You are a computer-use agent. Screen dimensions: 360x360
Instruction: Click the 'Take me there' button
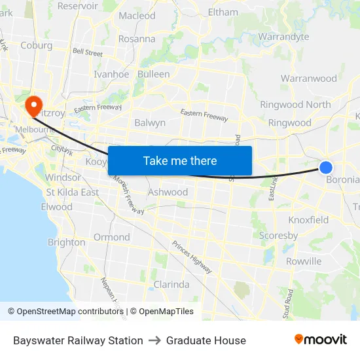pyautogui.click(x=180, y=160)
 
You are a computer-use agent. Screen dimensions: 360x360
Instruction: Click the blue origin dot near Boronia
pyautogui.click(x=326, y=168)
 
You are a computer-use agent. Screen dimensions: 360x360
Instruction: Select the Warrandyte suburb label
pyautogui.click(x=283, y=37)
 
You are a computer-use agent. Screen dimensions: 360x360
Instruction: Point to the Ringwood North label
pyautogui.click(x=295, y=105)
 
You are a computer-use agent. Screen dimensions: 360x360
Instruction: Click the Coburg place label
pyautogui.click(x=36, y=45)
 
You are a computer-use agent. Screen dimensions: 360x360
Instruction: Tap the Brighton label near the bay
pyautogui.click(x=66, y=242)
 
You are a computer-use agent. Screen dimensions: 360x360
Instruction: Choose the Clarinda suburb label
pyautogui.click(x=171, y=285)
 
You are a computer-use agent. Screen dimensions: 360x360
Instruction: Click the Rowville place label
pyautogui.click(x=304, y=261)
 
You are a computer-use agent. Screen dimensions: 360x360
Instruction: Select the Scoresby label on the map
pyautogui.click(x=278, y=235)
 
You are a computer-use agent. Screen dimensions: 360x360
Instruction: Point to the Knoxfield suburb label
pyautogui.click(x=308, y=220)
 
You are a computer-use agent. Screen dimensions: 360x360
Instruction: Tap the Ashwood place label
pyautogui.click(x=168, y=192)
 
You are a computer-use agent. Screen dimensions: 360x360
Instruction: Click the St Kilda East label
pyautogui.click(x=72, y=192)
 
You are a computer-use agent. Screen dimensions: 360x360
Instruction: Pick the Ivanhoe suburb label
pyautogui.click(x=111, y=74)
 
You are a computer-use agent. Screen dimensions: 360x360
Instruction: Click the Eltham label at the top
pyautogui.click(x=223, y=12)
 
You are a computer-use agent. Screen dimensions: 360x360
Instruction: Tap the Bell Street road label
pyautogui.click(x=88, y=51)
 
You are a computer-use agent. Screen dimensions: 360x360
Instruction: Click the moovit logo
pyautogui.click(x=321, y=339)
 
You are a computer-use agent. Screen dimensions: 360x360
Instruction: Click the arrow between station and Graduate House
pyautogui.click(x=154, y=340)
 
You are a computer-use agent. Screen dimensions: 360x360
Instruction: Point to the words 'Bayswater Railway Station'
pyautogui.click(x=78, y=340)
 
